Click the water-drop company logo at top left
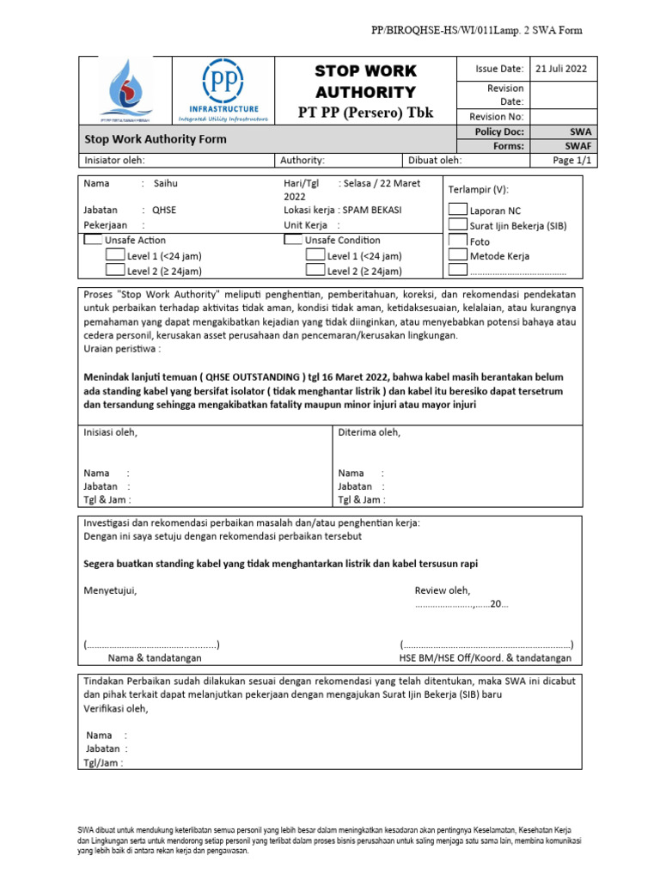[127, 90]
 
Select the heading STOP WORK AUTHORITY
[365, 82]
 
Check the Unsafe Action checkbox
[92, 241]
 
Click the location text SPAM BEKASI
[371, 210]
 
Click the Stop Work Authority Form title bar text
[155, 139]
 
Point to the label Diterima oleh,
[370, 432]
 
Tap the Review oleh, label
[443, 590]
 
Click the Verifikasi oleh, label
[115, 709]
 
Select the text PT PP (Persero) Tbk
[365, 113]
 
